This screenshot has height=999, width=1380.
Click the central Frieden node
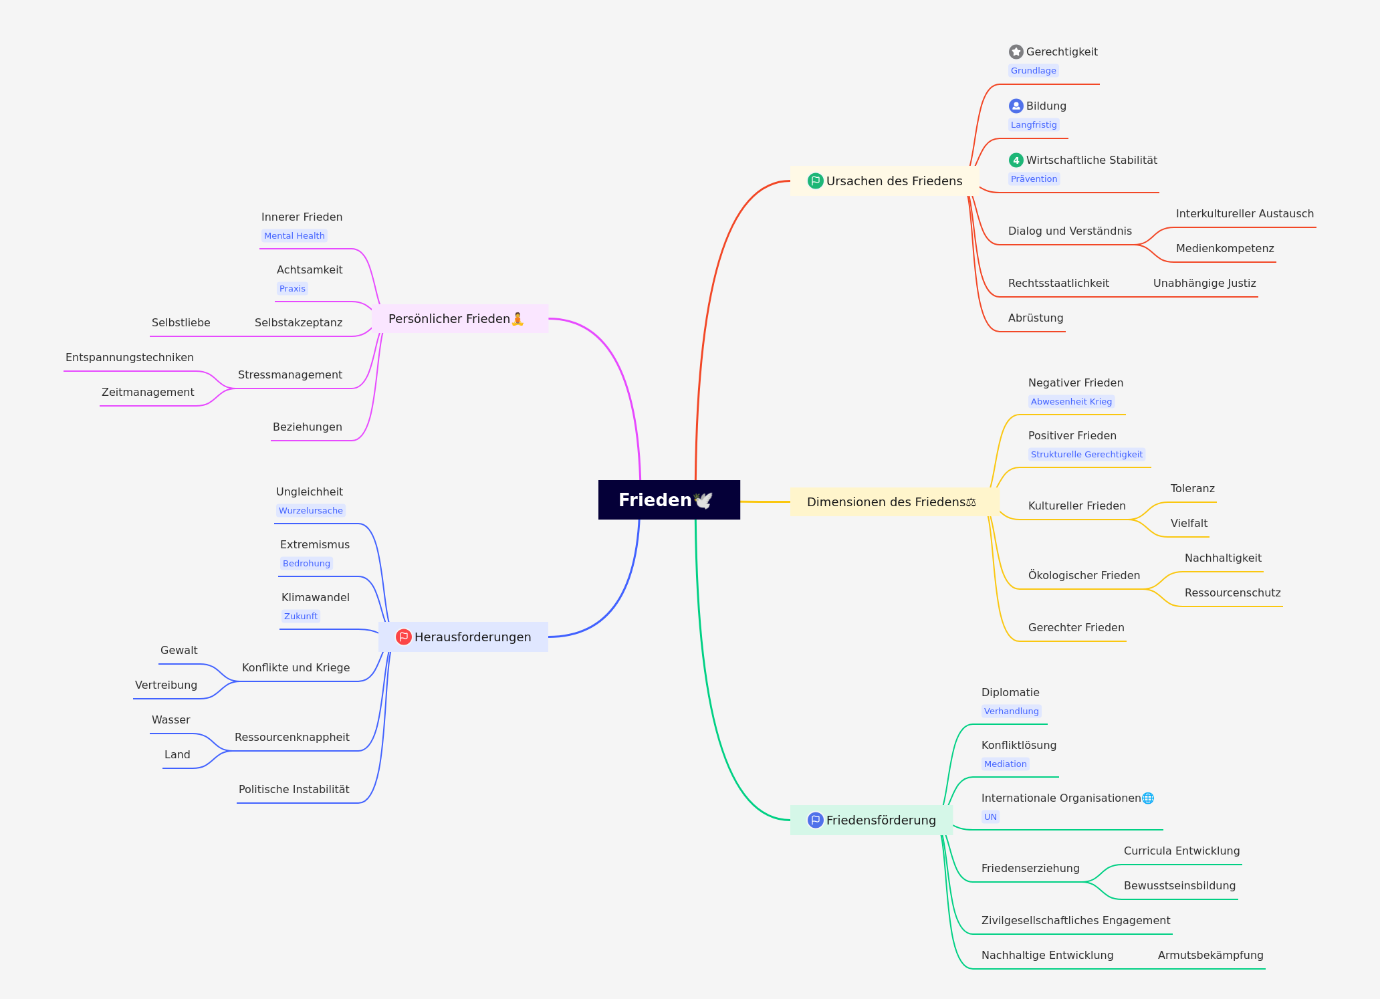669,499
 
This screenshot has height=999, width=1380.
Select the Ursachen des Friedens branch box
885,181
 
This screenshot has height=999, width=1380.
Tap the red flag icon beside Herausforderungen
403,637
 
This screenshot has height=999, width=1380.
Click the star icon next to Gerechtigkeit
1016,51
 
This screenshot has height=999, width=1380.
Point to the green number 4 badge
1016,160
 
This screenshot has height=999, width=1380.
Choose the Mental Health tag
294,235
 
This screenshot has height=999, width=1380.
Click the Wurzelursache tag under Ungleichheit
311,510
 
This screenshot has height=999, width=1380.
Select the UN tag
990,816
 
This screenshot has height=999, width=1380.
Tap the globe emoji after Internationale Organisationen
1148,798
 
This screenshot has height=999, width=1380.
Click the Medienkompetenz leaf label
1225,248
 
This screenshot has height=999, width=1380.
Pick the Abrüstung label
1036,318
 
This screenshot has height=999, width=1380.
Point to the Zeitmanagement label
148,392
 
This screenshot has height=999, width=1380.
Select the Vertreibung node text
166,685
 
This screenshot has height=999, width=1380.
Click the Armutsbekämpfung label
1211,955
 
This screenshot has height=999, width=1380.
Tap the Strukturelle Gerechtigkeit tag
1086,454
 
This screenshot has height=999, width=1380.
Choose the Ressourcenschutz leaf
1233,592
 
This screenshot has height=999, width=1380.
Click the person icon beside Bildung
1016,106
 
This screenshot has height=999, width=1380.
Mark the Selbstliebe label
181,322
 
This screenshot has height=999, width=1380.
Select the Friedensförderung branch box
871,820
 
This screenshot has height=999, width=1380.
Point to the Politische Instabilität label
294,789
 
